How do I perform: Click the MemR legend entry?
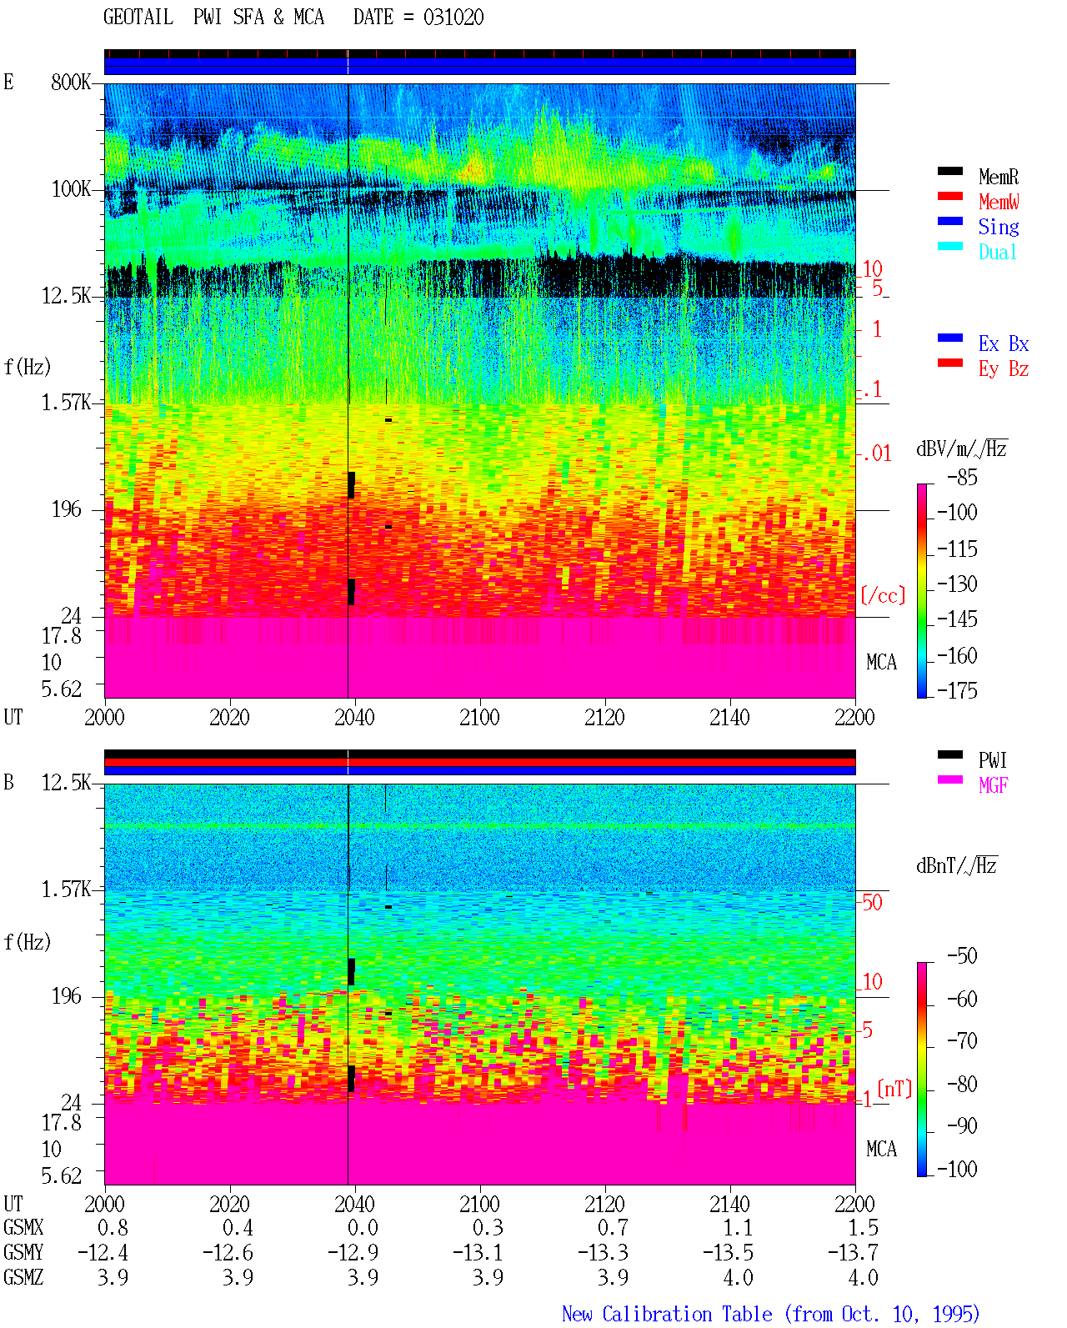[x=997, y=177]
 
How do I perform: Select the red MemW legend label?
[x=998, y=202]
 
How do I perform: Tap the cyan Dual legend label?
[x=997, y=252]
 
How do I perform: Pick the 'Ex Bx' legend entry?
[x=1003, y=343]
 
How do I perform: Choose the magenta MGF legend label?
[x=993, y=785]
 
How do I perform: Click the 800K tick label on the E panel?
[x=70, y=82]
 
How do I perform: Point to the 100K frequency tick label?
[x=71, y=189]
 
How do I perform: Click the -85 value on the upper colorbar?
[x=961, y=477]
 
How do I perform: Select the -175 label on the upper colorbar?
[x=957, y=690]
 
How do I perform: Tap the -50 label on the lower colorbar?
[x=961, y=956]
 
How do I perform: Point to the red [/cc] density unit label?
[x=883, y=595]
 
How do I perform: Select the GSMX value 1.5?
[x=863, y=1227]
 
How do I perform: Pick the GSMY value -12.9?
[x=353, y=1252]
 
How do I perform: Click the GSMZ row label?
[x=23, y=1277]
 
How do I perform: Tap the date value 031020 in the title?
[x=453, y=18]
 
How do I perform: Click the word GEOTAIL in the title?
[x=138, y=18]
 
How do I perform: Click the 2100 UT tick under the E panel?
[x=479, y=717]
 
